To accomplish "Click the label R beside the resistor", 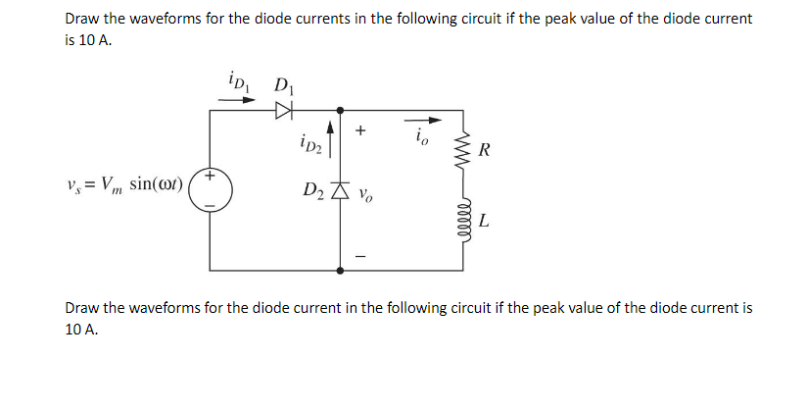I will pyautogui.click(x=487, y=152).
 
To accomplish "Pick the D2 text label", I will pyautogui.click(x=314, y=188).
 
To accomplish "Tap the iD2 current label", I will pyautogui.click(x=312, y=146).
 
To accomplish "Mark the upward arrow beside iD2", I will pyautogui.click(x=333, y=140).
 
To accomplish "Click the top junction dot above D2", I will pyautogui.click(x=340, y=110).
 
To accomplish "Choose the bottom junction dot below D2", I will pyautogui.click(x=340, y=268).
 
